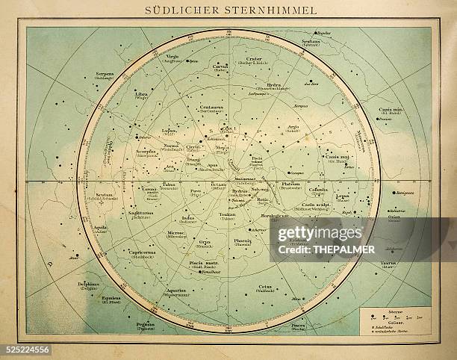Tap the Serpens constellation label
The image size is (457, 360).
105,75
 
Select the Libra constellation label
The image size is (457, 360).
141,94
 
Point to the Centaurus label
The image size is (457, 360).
211,107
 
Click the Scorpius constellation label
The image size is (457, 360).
146,151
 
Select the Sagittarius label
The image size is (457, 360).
140,213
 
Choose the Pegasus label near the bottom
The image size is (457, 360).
145,324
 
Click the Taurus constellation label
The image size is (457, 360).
389,263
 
